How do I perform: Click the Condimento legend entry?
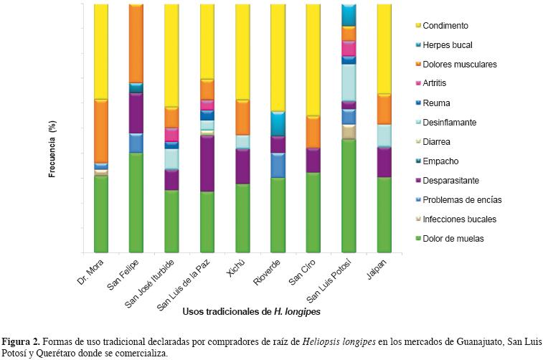(x=445, y=26)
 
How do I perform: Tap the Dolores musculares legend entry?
(x=460, y=65)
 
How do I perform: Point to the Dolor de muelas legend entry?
(x=453, y=239)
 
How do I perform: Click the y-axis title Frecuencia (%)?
(x=52, y=149)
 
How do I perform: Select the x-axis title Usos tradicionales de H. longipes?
(x=251, y=311)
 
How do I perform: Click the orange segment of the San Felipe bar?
(x=136, y=43)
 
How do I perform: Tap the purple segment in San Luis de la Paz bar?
(x=207, y=163)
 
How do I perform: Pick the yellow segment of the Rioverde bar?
(x=278, y=57)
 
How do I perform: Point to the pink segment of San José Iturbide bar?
(x=171, y=134)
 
